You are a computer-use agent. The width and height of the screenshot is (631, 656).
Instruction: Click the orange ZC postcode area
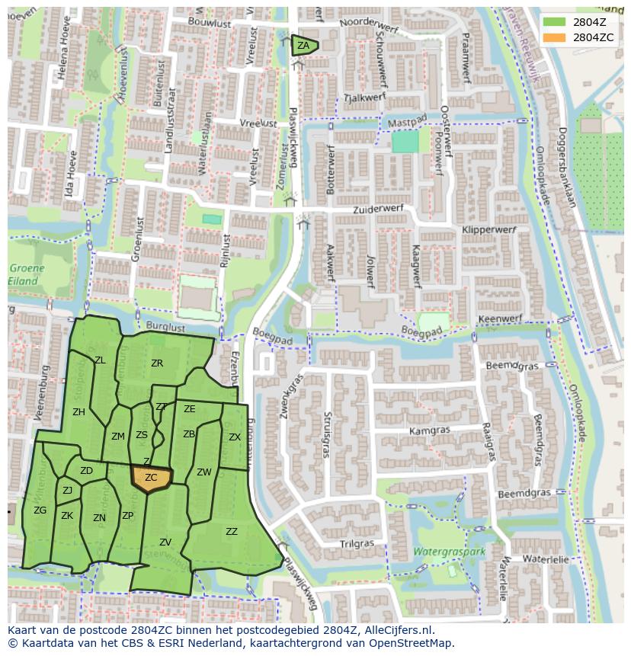(152, 478)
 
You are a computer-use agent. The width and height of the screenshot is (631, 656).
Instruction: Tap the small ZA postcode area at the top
(303, 46)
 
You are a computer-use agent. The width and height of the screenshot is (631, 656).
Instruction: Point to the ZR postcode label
(157, 363)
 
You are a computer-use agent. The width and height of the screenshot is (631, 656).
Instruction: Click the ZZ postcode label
(232, 532)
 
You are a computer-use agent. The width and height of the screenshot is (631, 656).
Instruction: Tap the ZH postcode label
(78, 412)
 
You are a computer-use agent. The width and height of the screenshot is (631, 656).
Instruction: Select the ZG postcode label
(40, 510)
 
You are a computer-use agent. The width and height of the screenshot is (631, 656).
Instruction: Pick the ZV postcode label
(165, 542)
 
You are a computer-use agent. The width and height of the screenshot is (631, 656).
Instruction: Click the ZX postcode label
(235, 437)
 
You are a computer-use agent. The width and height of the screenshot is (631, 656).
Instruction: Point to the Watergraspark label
(449, 551)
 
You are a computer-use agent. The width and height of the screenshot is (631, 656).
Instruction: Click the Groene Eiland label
(27, 275)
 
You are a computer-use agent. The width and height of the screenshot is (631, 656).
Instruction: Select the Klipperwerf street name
(488, 229)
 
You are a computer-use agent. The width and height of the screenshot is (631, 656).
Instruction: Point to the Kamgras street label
(429, 430)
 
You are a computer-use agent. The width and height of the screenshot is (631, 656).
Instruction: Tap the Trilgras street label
(357, 544)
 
